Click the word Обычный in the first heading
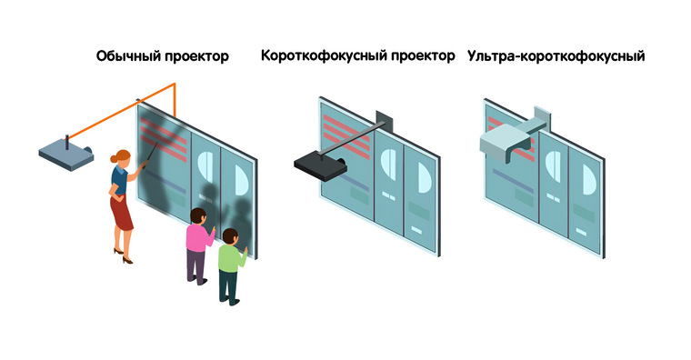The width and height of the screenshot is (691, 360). click(128, 56)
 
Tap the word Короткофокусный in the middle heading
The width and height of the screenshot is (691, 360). click(324, 55)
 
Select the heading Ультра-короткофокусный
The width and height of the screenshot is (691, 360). click(556, 56)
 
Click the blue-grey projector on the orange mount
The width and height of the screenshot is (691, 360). click(66, 155)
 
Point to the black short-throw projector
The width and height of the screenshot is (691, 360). click(320, 165)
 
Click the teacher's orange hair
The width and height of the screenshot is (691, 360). click(120, 157)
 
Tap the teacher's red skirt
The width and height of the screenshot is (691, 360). click(121, 213)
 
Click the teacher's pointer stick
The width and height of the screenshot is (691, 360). click(150, 153)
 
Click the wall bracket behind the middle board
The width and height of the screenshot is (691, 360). click(385, 120)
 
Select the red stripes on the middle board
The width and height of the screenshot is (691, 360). click(346, 137)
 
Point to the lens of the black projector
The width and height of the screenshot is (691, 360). click(341, 162)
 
